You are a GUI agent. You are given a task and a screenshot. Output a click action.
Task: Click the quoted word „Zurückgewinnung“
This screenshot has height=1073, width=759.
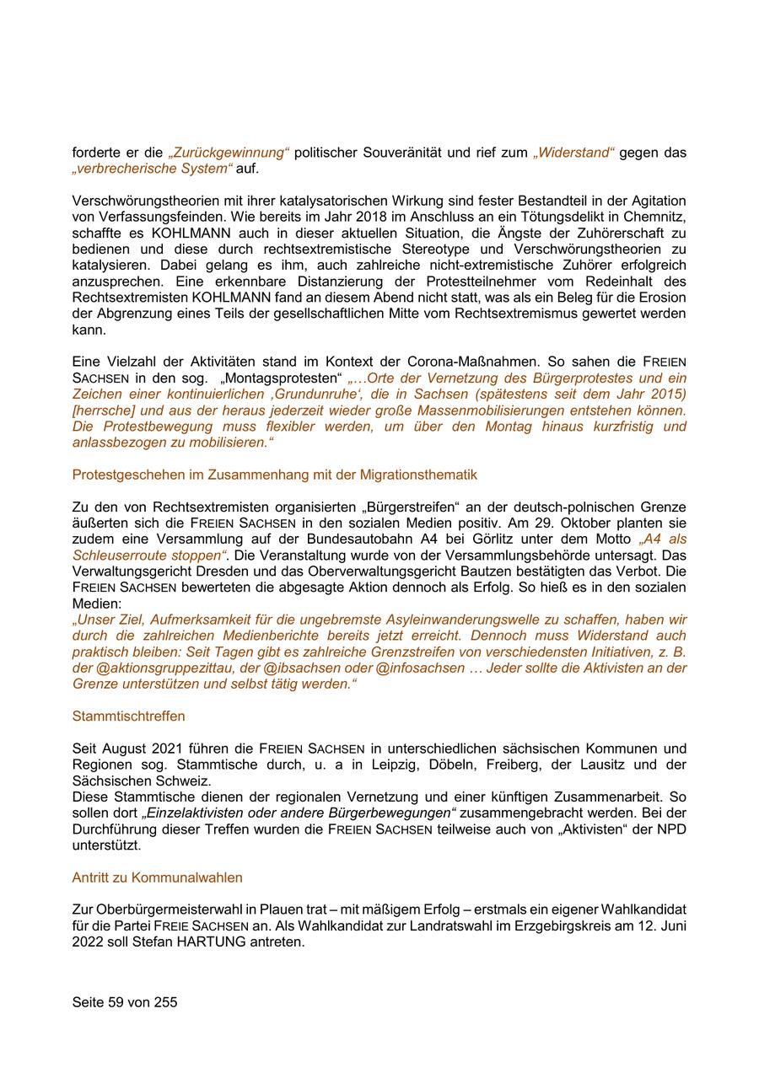(x=229, y=153)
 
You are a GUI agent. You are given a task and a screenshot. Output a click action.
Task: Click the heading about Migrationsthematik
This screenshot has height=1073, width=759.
(x=274, y=475)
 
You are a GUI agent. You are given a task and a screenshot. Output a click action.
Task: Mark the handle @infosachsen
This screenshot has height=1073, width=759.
(x=419, y=668)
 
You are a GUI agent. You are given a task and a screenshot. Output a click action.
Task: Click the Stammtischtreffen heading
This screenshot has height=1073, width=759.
(x=128, y=716)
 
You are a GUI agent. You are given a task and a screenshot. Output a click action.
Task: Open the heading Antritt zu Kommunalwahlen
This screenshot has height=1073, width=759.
(x=157, y=877)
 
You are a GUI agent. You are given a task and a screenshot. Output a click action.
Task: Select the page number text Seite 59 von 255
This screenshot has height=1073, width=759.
(x=125, y=1002)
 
